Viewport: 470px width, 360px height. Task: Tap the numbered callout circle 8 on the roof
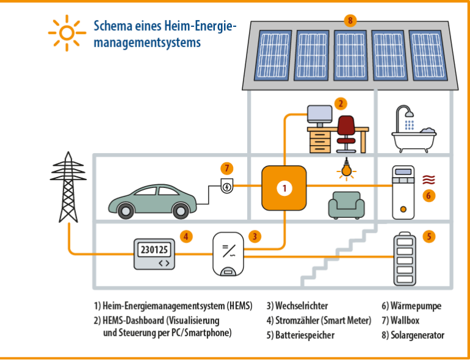(349, 21)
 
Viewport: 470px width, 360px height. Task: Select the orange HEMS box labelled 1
(284, 188)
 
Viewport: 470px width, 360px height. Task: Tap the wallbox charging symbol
(226, 186)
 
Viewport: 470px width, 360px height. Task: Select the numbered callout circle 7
(227, 168)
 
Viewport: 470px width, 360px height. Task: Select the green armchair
(346, 204)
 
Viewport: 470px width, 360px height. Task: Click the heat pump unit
(403, 191)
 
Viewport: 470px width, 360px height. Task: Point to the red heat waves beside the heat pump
(430, 179)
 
